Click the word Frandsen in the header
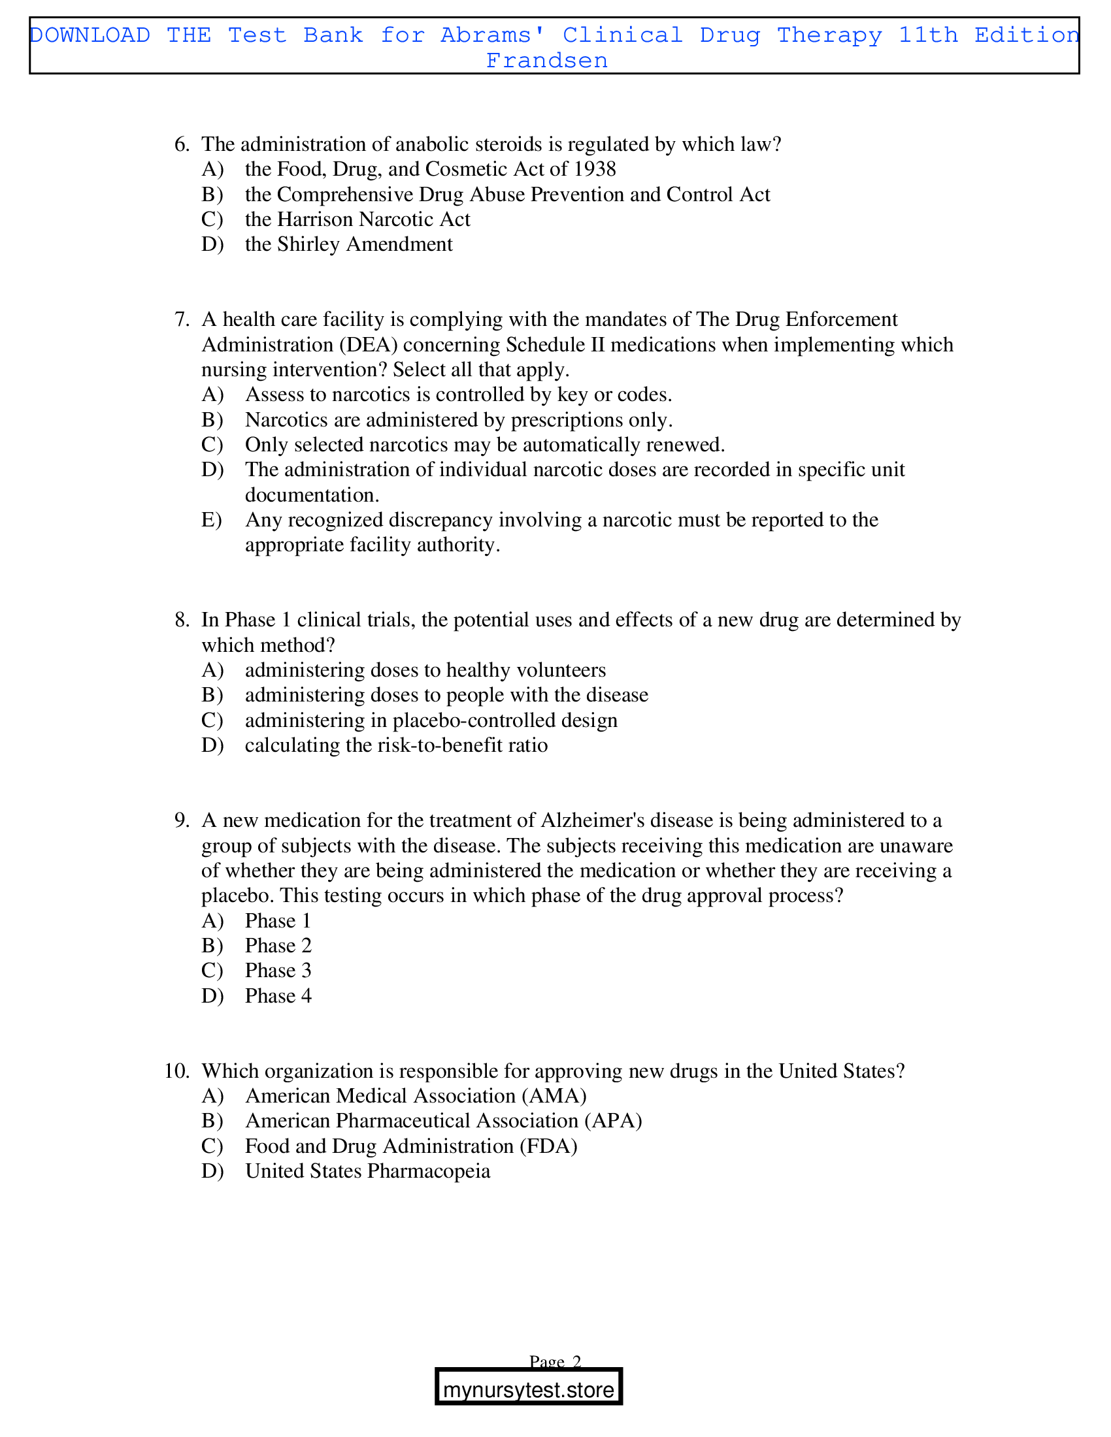click(546, 61)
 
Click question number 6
click(182, 144)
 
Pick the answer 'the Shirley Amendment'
click(348, 244)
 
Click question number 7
click(182, 319)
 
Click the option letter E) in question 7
click(211, 520)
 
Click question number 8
click(182, 620)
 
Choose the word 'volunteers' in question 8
click(561, 670)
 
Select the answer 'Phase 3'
click(278, 971)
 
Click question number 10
click(176, 1071)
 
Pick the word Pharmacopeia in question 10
click(429, 1171)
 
